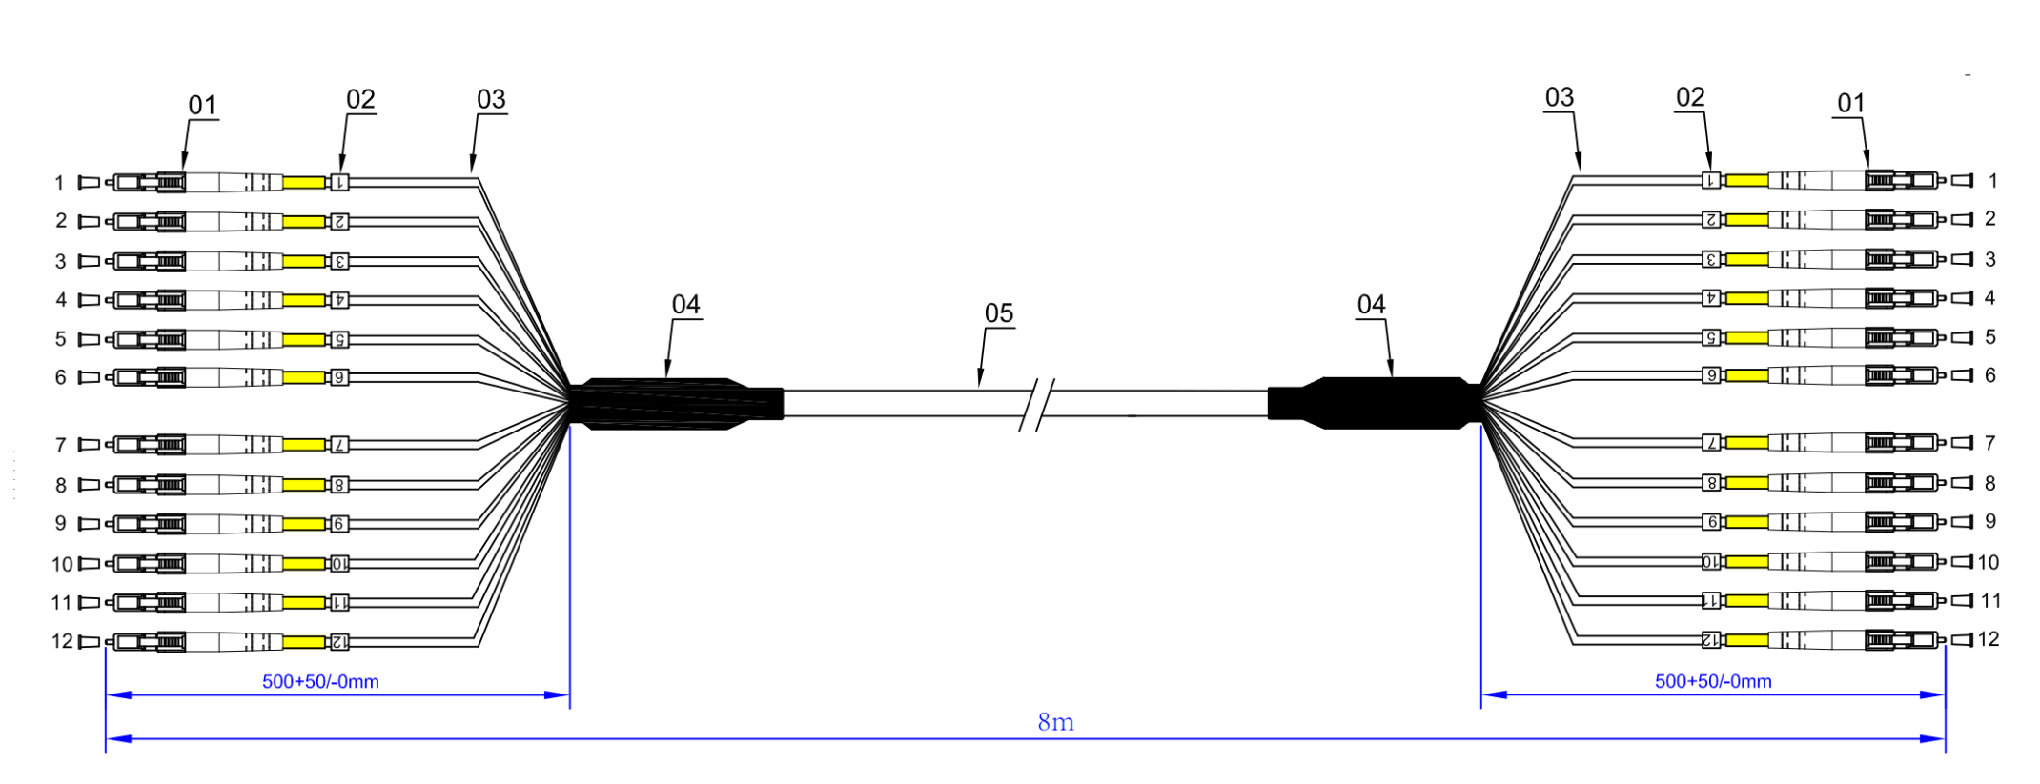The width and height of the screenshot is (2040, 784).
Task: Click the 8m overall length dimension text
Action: point(1055,723)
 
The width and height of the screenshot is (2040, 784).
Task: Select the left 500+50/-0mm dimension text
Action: point(320,682)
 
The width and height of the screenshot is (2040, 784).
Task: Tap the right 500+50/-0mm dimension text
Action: point(1713,682)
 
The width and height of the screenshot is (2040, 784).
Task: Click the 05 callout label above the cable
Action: point(998,313)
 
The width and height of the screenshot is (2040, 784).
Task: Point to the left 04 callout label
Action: point(685,305)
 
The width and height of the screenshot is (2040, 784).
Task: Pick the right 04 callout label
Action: point(1371,305)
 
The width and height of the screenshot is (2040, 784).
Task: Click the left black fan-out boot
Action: point(667,404)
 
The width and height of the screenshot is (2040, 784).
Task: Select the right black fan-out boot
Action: point(1382,403)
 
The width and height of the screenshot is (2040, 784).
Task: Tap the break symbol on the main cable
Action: point(1037,404)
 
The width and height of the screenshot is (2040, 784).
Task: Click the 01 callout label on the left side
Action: point(202,105)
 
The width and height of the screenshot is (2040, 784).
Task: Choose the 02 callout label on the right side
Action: point(1690,97)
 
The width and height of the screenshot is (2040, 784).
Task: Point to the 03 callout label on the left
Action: point(491,99)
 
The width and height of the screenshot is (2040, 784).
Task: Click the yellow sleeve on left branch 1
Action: point(305,182)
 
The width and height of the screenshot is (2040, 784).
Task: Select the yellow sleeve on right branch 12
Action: point(1746,640)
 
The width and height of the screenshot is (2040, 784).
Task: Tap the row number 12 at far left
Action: point(62,641)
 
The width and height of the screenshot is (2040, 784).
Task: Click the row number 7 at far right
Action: point(1989,443)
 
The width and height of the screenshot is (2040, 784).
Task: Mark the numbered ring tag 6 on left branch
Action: point(339,378)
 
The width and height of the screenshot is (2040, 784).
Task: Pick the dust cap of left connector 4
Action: point(89,300)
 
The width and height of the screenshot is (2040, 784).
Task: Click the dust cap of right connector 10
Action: point(1962,562)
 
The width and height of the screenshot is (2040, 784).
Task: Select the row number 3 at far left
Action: point(61,261)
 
